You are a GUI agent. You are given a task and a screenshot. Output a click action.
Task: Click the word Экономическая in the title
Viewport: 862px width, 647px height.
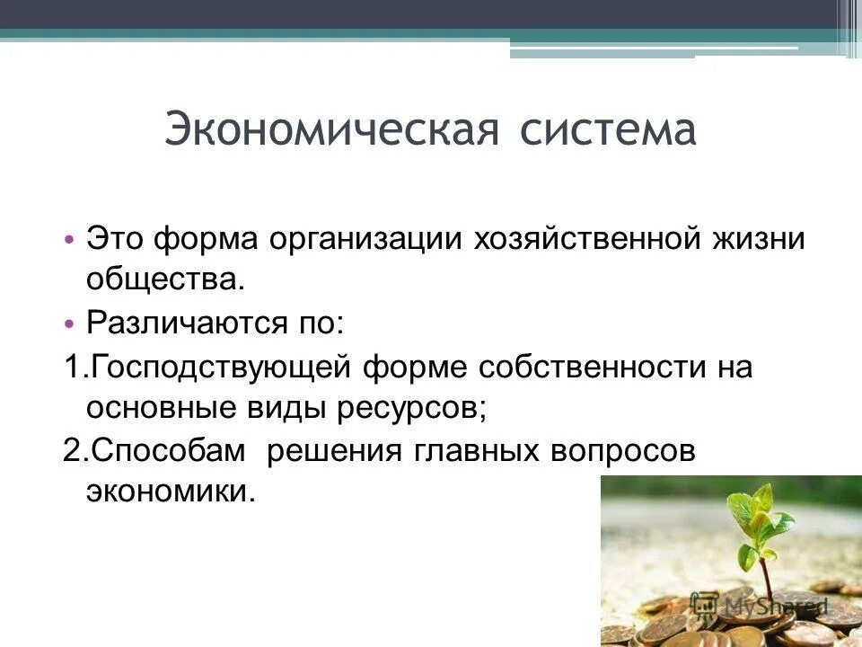pos(331,130)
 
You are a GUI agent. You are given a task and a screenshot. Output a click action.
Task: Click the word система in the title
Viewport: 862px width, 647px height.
pos(608,130)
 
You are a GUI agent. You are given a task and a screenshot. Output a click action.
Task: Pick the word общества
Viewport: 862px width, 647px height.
pos(165,280)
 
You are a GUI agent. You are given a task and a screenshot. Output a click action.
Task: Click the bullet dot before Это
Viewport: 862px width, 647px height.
pos(69,241)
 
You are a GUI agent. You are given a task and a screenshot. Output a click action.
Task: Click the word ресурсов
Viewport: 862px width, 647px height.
pos(412,408)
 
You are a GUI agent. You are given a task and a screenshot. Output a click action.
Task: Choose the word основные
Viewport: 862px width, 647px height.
pos(157,408)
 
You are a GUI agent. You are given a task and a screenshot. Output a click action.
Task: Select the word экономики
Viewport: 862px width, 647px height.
pos(171,492)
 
